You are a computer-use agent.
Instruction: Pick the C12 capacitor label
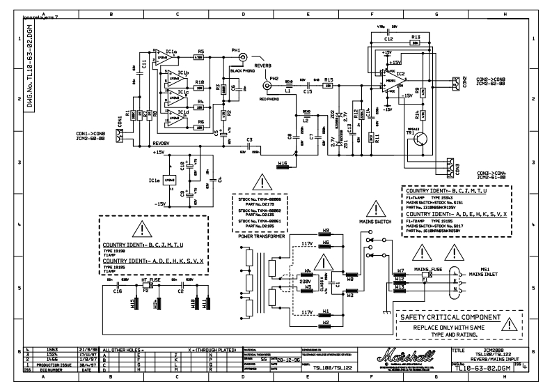(x=388, y=39)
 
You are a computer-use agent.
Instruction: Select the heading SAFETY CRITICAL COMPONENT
(x=450, y=316)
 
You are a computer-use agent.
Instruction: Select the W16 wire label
(x=282, y=164)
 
